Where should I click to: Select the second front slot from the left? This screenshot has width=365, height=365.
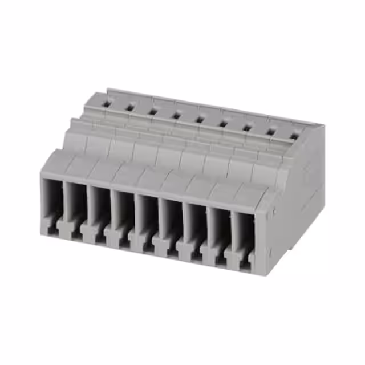tap(77, 208)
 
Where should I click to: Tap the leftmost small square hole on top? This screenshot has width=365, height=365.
tap(106, 103)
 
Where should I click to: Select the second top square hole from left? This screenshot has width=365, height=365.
tap(129, 107)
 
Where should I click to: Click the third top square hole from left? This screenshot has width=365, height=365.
tap(153, 111)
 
